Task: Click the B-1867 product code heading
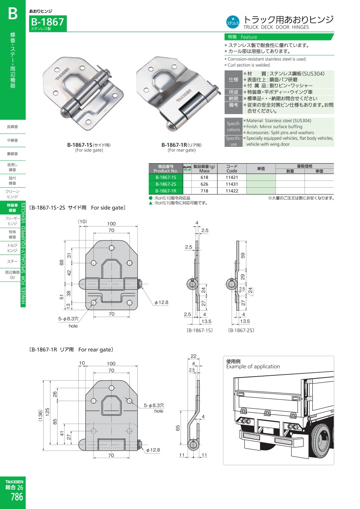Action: pyautogui.click(x=48, y=22)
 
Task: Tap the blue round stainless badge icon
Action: pyautogui.click(x=233, y=22)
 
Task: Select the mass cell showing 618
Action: pyautogui.click(x=204, y=177)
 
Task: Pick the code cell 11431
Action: pyautogui.click(x=232, y=184)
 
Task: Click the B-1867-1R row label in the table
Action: pyautogui.click(x=166, y=191)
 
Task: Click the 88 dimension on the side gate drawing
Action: pyautogui.click(x=62, y=263)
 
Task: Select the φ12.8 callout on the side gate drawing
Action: pyautogui.click(x=162, y=303)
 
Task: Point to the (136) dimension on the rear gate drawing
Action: pyautogui.click(x=40, y=416)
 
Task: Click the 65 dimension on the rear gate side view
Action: pyautogui.click(x=178, y=428)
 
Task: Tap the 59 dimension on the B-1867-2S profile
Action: pyautogui.click(x=243, y=255)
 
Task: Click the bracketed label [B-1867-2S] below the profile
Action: pyautogui.click(x=241, y=331)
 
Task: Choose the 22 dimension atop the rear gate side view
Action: pyautogui.click(x=194, y=356)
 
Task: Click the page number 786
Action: pyautogui.click(x=16, y=497)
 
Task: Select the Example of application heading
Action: pyautogui.click(x=253, y=366)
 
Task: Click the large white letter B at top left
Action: pyautogui.click(x=13, y=14)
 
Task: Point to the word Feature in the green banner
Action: pyautogui.click(x=249, y=37)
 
